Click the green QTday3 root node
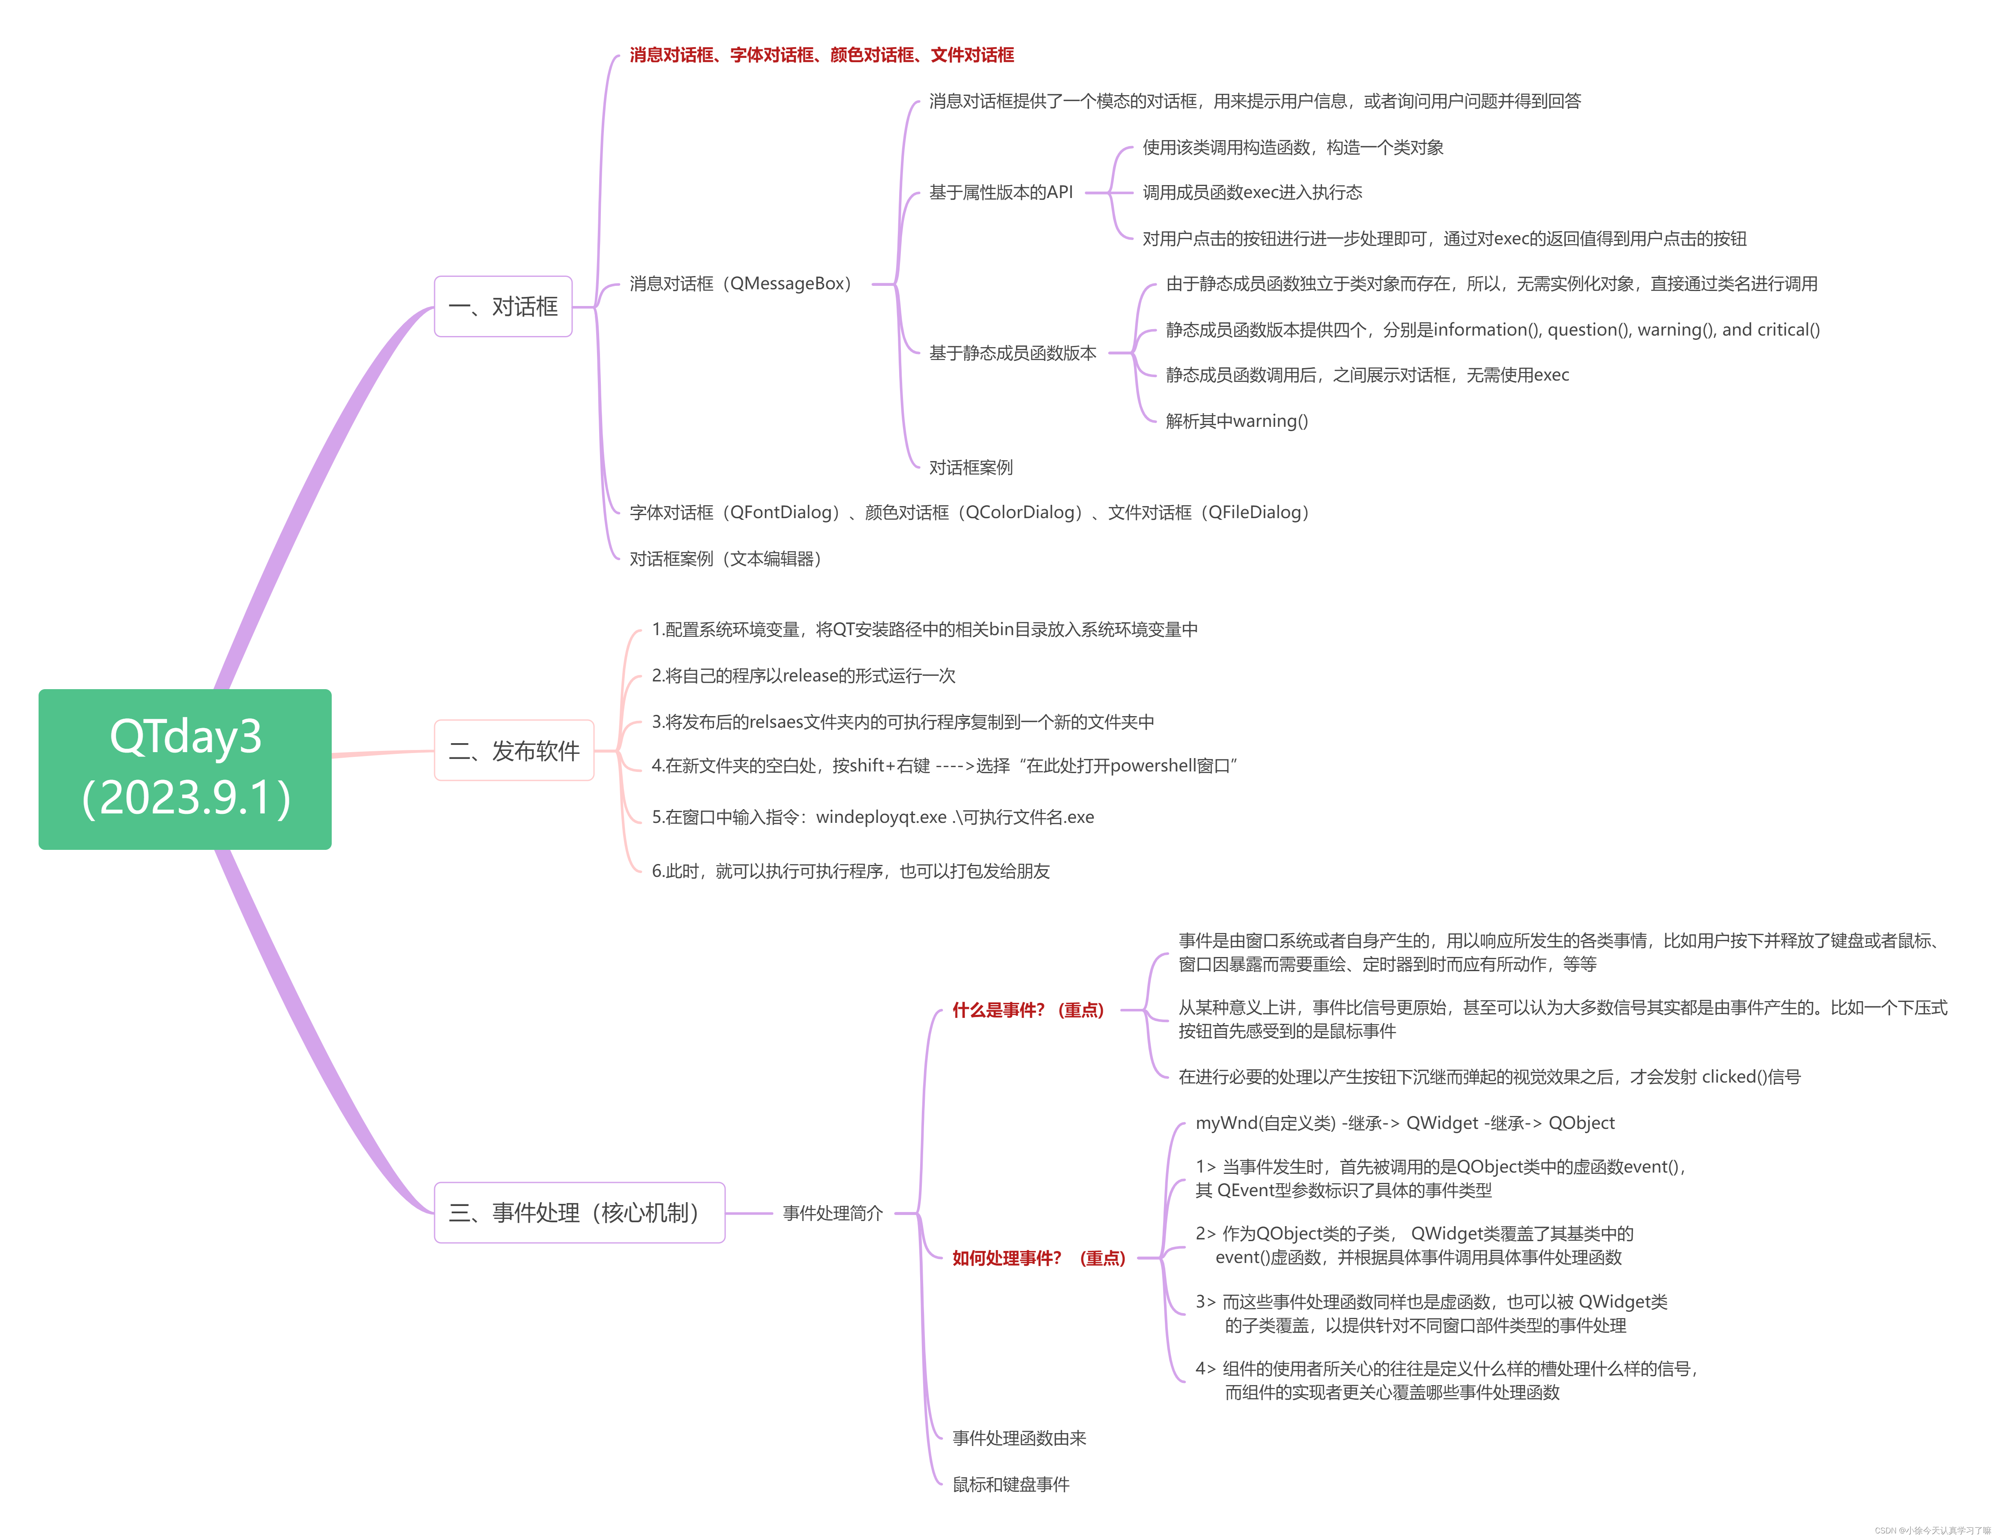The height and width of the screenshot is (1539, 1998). click(185, 768)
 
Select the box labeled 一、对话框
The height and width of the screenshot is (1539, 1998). click(503, 306)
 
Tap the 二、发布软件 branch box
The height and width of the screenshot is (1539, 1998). click(514, 750)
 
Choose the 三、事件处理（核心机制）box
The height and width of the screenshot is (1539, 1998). click(579, 1212)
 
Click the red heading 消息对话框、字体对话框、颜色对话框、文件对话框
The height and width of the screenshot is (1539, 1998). click(822, 55)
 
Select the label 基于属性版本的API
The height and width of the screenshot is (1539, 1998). click(1001, 192)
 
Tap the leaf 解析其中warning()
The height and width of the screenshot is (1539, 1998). click(1237, 421)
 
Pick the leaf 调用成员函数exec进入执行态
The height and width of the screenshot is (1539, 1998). click(1252, 192)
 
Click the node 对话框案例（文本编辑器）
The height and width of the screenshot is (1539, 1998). click(726, 558)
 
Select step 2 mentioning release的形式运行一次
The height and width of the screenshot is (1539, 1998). click(803, 675)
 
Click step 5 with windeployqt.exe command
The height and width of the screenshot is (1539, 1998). click(873, 817)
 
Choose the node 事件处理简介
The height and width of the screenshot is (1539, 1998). click(832, 1213)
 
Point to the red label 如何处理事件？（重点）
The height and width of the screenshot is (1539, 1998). click(1038, 1258)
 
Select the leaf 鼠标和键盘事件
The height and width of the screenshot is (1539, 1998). click(1011, 1484)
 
